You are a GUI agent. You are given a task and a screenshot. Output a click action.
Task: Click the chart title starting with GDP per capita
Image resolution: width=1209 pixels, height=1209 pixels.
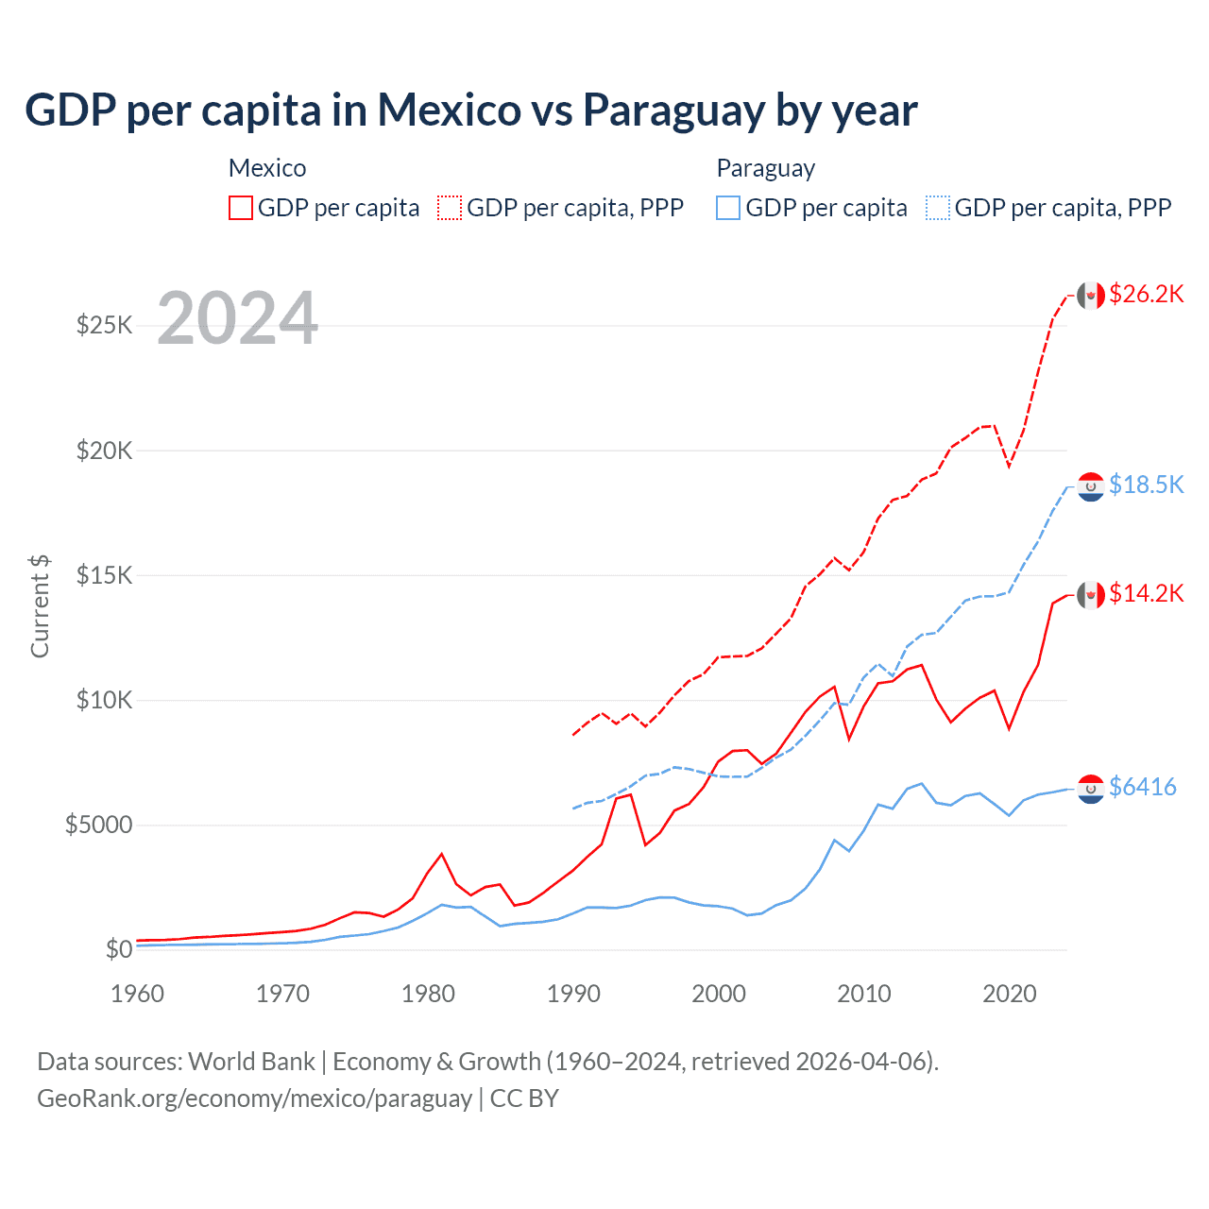point(470,110)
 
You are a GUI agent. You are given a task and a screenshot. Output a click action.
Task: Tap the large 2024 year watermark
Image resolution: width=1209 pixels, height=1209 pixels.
point(237,318)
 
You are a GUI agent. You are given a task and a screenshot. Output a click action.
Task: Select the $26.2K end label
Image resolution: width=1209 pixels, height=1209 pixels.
point(1146,294)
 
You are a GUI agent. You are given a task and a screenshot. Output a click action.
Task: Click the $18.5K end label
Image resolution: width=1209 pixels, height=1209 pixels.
point(1146,485)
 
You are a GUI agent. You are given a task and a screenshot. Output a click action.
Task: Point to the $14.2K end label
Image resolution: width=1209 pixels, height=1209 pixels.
point(1146,593)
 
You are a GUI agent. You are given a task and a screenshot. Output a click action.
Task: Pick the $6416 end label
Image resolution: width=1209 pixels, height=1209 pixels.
point(1142,787)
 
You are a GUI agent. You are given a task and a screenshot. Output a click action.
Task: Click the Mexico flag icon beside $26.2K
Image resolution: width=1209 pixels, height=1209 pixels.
point(1091,296)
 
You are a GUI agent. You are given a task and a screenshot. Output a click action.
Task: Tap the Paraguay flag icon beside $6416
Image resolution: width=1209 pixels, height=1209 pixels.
point(1091,789)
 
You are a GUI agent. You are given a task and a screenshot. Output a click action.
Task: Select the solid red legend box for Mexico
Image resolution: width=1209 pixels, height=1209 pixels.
point(241,208)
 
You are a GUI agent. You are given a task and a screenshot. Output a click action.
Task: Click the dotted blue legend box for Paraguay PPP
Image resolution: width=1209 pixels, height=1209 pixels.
point(938,208)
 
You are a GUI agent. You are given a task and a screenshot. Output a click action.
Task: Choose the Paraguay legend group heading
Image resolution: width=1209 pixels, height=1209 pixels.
point(765,168)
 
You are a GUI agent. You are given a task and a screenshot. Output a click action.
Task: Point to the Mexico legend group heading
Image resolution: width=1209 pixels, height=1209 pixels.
point(267,168)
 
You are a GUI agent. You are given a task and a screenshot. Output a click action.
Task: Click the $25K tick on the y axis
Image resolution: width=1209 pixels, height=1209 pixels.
point(105,326)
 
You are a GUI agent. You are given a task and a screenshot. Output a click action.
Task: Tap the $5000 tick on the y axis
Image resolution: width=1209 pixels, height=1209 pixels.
point(98,825)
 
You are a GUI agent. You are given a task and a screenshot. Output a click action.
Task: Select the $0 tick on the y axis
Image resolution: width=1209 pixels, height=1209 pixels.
point(118,949)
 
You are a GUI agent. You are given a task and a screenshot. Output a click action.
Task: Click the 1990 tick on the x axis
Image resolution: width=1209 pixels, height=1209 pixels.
point(573,994)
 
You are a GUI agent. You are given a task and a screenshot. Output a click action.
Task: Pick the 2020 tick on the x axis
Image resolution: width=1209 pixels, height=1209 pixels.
point(1010,994)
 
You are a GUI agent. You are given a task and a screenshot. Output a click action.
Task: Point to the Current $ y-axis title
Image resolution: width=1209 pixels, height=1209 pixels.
point(40,605)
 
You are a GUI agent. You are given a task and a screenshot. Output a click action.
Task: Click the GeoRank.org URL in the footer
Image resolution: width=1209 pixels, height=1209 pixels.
point(254,1098)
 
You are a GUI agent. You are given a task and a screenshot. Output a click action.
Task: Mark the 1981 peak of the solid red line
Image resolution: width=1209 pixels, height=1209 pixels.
point(441,854)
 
